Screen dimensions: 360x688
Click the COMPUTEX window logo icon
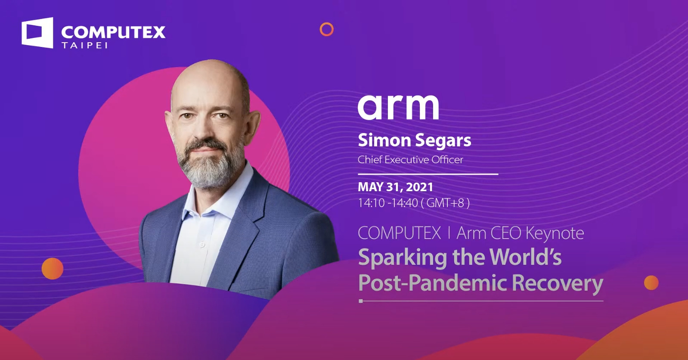[37, 32]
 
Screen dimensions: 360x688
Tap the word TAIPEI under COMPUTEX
[84, 45]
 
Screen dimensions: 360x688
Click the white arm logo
[398, 107]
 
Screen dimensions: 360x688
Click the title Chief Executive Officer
[410, 160]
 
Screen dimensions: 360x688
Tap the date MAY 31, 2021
[395, 187]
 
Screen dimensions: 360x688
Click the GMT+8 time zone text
[445, 203]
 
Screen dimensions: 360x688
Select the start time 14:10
[371, 203]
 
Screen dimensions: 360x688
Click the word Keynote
[555, 233]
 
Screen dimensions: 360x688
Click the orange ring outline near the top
[327, 29]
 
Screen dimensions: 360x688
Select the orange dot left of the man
[53, 269]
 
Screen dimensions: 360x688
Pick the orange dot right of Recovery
[651, 283]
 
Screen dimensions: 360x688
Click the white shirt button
[202, 245]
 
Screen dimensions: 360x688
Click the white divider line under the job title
[428, 174]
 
